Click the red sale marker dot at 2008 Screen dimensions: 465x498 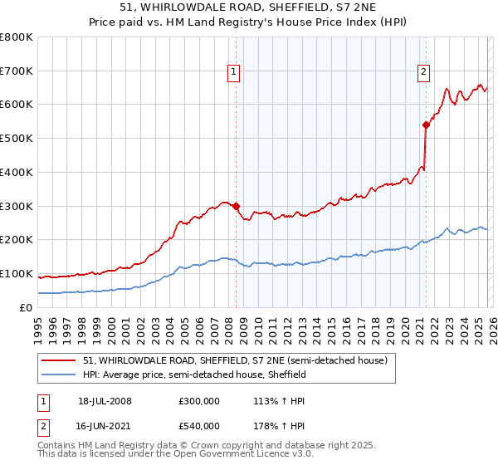click(236, 206)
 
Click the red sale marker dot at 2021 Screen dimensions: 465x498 click(426, 125)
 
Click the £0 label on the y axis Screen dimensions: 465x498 click(26, 308)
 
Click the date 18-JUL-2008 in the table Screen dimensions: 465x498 click(105, 401)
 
